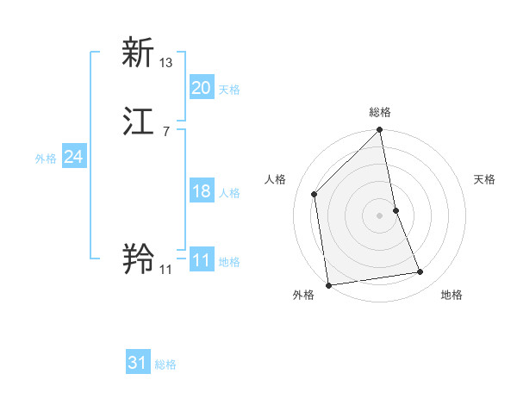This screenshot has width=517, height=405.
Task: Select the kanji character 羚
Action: pos(139,259)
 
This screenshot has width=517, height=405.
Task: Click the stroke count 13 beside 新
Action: pos(166,62)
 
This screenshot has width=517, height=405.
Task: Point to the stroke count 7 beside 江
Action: pos(165,131)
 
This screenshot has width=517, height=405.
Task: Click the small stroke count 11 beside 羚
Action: pos(165,269)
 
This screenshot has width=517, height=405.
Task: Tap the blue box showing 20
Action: pos(201,88)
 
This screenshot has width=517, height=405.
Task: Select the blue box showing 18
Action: pos(201,191)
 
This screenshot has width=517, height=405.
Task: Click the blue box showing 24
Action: pos(74,157)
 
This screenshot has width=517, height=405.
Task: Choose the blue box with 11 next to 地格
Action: pos(201,260)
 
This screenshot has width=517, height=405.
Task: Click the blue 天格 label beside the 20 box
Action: pos(229,90)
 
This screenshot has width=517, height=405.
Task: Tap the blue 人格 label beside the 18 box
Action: pos(229,193)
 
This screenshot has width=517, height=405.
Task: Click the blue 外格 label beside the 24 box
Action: pos(46,159)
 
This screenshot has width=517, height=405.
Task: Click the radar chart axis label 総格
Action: pos(380,113)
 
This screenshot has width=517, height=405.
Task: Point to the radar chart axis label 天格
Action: pos(484,179)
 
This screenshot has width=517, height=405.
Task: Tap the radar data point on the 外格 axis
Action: pos(328,284)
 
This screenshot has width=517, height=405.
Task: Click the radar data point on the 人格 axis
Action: pos(315,194)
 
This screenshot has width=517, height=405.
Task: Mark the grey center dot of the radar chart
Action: pos(380,215)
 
